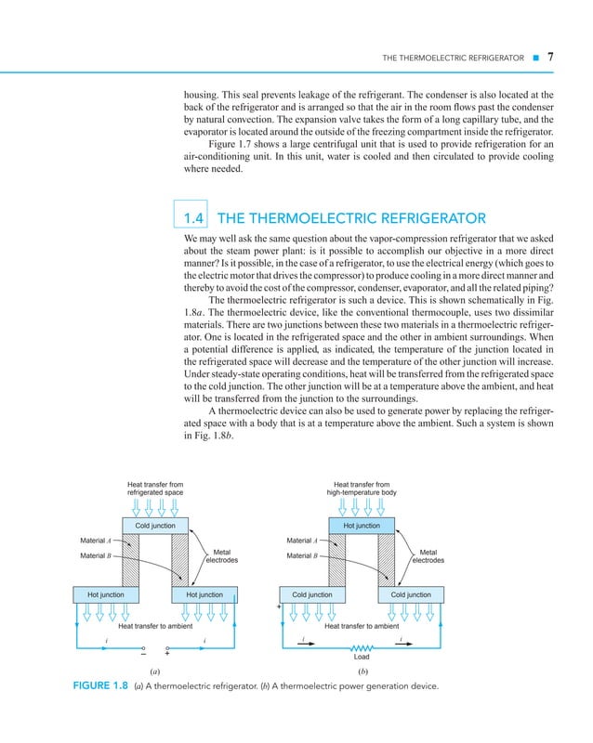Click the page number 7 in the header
(x=551, y=58)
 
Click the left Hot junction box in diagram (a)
(x=107, y=593)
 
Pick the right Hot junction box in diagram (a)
(x=204, y=593)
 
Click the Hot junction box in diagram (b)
(x=362, y=525)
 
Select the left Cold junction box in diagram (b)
(x=312, y=593)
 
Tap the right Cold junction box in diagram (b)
(x=411, y=593)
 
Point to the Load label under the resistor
(x=362, y=658)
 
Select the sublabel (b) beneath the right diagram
(x=362, y=669)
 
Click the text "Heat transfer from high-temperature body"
(x=362, y=488)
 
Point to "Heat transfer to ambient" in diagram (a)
(x=155, y=626)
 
